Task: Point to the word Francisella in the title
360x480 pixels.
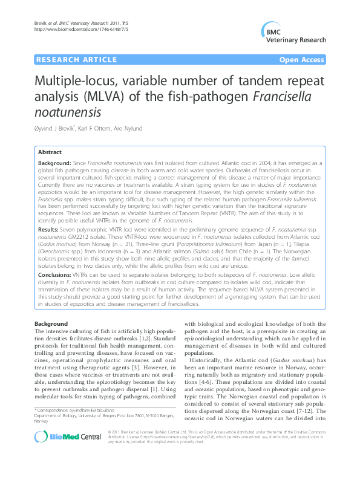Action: tap(284, 96)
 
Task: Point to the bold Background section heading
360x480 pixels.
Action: tap(51, 325)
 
